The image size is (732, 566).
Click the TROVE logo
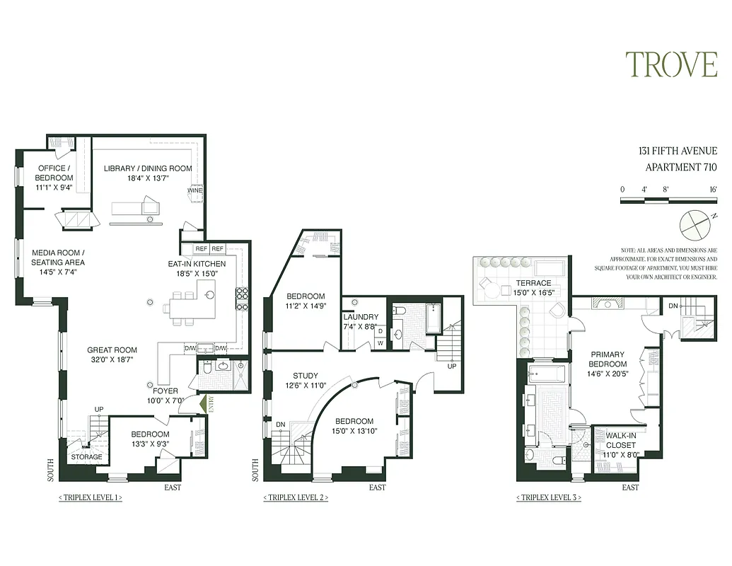tap(671, 64)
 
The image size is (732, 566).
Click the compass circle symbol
tap(692, 226)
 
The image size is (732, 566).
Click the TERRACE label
tap(534, 283)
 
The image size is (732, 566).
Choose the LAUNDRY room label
tap(361, 317)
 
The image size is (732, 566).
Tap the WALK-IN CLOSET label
tap(620, 440)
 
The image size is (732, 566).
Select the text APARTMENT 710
tap(681, 168)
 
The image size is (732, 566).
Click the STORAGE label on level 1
tap(87, 457)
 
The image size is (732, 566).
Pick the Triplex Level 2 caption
tap(296, 498)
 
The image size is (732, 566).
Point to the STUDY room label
tap(305, 376)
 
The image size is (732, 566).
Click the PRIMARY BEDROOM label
tap(608, 359)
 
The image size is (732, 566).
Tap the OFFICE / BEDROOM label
tap(54, 173)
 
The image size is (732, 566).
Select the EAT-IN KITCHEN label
tap(197, 264)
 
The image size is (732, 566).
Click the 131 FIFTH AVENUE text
tap(678, 151)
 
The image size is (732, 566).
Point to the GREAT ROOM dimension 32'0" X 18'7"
tap(112, 359)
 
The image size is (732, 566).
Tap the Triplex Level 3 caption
tap(549, 498)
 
